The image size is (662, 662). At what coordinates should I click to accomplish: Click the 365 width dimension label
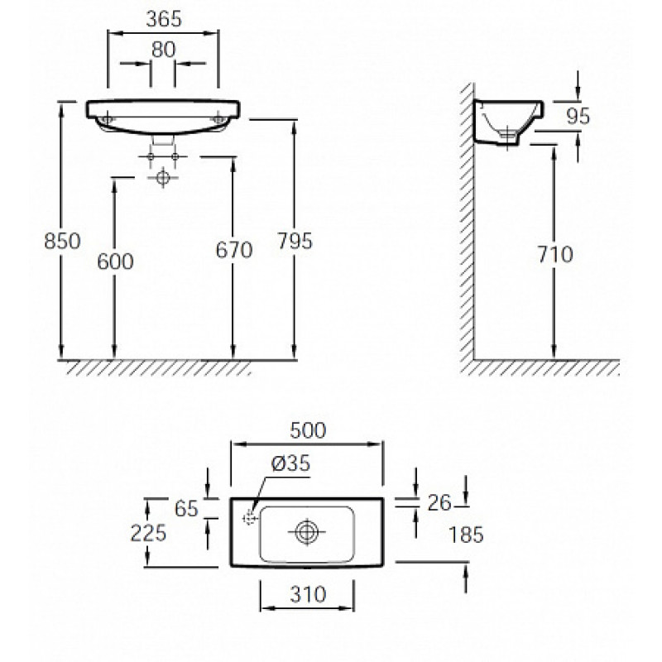pyautogui.click(x=164, y=19)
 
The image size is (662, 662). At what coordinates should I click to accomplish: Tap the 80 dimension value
pyautogui.click(x=163, y=50)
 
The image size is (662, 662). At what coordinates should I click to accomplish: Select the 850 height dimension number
pyautogui.click(x=62, y=241)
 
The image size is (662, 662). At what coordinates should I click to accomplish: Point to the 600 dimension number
pyautogui.click(x=115, y=261)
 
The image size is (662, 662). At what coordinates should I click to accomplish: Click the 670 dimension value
pyautogui.click(x=234, y=250)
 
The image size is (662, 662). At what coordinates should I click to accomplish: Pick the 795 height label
pyautogui.click(x=295, y=241)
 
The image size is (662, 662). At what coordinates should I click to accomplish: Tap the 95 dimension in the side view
pyautogui.click(x=578, y=116)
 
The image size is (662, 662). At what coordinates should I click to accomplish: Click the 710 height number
pyautogui.click(x=555, y=254)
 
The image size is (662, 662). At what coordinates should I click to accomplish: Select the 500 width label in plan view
pyautogui.click(x=308, y=430)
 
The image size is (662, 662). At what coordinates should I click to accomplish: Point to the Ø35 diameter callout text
pyautogui.click(x=290, y=463)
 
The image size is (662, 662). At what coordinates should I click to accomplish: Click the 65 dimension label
pyautogui.click(x=186, y=509)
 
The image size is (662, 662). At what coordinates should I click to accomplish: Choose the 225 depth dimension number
pyautogui.click(x=148, y=533)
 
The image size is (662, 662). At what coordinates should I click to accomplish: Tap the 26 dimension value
pyautogui.click(x=439, y=503)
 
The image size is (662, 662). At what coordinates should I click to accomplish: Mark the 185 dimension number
pyautogui.click(x=466, y=535)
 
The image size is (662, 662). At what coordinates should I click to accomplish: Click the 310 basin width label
pyautogui.click(x=308, y=595)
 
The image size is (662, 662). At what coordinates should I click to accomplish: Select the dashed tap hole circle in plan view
pyautogui.click(x=250, y=518)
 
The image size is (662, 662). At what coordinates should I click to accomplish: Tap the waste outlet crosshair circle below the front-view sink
pyautogui.click(x=163, y=177)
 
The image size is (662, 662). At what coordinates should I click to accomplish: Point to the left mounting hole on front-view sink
pyautogui.click(x=108, y=118)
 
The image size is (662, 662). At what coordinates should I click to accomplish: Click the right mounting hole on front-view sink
pyautogui.click(x=218, y=118)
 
